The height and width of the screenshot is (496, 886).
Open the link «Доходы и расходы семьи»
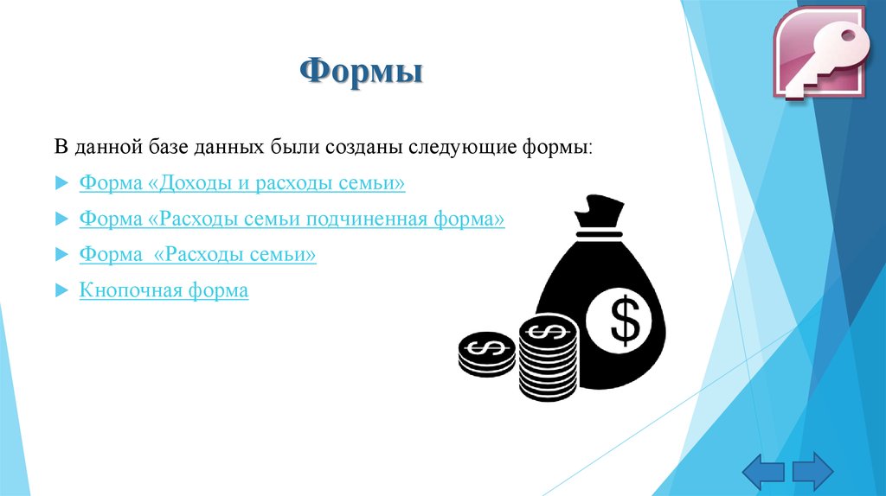click(x=242, y=183)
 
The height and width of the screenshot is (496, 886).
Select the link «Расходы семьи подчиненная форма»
click(x=292, y=219)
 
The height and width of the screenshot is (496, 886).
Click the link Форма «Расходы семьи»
click(x=197, y=255)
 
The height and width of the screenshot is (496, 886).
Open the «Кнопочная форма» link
click(x=164, y=290)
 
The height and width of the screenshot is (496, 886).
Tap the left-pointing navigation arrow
click(x=762, y=471)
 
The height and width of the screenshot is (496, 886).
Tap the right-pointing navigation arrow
click(x=812, y=471)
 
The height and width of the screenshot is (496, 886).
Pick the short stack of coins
click(x=486, y=354)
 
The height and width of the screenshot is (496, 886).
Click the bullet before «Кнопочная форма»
click(x=61, y=291)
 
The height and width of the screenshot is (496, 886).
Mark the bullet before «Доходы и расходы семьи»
click(x=61, y=184)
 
